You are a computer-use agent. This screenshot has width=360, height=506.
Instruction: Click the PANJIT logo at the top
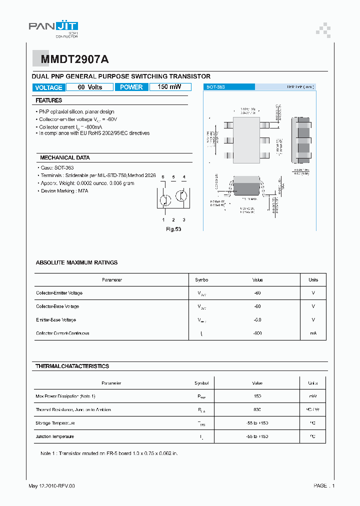click(x=53, y=28)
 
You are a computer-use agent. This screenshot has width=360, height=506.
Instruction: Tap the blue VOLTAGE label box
click(x=48, y=87)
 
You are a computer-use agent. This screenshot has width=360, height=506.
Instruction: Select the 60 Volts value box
click(x=90, y=87)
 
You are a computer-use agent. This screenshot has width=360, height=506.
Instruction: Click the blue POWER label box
click(x=131, y=87)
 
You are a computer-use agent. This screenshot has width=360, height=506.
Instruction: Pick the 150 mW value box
click(x=169, y=87)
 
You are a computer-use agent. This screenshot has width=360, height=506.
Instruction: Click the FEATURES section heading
click(x=48, y=100)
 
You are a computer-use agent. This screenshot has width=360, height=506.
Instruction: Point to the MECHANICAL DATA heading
click(x=64, y=157)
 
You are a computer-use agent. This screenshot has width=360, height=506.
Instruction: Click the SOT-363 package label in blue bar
click(x=215, y=87)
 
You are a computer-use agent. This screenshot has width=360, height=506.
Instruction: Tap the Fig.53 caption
click(x=173, y=229)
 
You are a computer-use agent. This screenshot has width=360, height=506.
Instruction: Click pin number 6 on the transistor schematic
click(x=163, y=177)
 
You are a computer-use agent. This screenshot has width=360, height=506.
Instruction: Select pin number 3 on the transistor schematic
click(x=183, y=220)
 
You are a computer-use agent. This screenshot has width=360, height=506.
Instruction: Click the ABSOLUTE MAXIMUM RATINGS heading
click(x=76, y=262)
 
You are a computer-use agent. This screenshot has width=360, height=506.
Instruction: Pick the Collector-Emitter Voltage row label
click(x=59, y=293)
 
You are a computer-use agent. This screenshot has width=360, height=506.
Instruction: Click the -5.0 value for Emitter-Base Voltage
click(x=257, y=319)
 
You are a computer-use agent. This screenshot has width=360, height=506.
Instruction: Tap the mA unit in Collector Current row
click(x=313, y=333)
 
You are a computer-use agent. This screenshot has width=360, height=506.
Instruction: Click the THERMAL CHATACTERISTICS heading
click(x=72, y=366)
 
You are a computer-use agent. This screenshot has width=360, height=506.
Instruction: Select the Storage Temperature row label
click(x=55, y=423)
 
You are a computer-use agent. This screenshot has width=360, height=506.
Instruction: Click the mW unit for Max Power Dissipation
click(x=312, y=396)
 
